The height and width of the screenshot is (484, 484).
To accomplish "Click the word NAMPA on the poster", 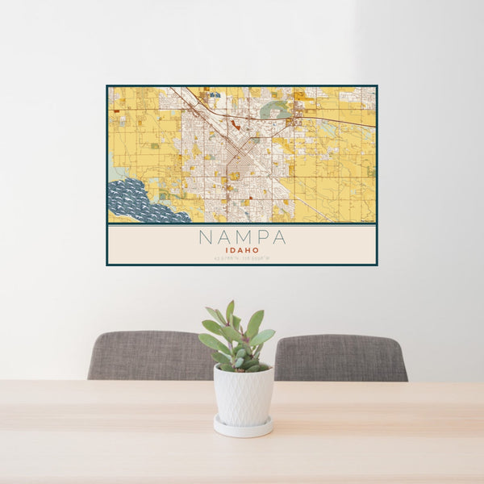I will [x=241, y=237].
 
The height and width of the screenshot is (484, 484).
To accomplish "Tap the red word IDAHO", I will [x=241, y=251].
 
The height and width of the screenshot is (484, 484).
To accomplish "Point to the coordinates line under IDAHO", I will [x=241, y=258].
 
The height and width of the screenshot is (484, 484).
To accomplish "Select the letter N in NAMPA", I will [x=206, y=237].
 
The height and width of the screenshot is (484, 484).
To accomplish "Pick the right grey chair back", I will [x=340, y=357].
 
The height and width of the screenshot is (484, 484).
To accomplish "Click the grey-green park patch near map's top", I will [x=277, y=108].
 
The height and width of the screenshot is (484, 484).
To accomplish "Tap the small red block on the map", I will [x=235, y=124].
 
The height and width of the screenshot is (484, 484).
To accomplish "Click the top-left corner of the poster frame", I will [x=107, y=86].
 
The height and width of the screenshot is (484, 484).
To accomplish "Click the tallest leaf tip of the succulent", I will [x=230, y=304].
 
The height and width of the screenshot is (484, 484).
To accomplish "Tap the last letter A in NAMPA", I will [x=278, y=237].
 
